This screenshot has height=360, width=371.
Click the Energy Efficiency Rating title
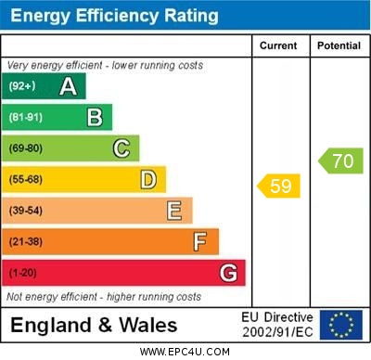pyautogui.click(x=113, y=16)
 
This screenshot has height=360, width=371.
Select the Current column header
pyautogui.click(x=278, y=45)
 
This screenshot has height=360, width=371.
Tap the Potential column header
pyautogui.click(x=339, y=45)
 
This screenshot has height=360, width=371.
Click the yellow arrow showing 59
pyautogui.click(x=279, y=186)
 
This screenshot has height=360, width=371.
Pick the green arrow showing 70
pyautogui.click(x=340, y=161)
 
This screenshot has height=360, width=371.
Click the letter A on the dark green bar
pyautogui.click(x=68, y=87)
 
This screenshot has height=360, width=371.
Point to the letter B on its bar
pyautogui.click(x=95, y=117)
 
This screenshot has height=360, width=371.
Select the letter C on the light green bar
pyautogui.click(x=122, y=148)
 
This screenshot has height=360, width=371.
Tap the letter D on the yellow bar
pyautogui.click(x=148, y=179)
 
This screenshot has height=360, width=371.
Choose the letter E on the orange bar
pyautogui.click(x=174, y=211)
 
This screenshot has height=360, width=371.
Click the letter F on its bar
pyautogui.click(x=200, y=241)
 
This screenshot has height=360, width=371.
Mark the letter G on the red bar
pyautogui.click(x=228, y=273)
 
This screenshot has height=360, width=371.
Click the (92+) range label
pyautogui.click(x=22, y=87)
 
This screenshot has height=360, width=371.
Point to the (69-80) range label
pyautogui.click(x=26, y=148)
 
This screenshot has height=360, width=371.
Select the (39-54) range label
pyautogui.click(x=26, y=211)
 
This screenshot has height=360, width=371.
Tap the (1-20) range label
pyautogui.click(x=23, y=273)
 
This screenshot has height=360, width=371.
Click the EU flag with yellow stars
pyautogui.click(x=341, y=325)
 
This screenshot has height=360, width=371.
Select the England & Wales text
pyautogui.click(x=94, y=325)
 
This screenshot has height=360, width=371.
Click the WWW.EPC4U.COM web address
pyautogui.click(x=185, y=352)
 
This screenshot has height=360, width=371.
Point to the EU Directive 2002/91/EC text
pyautogui.click(x=277, y=325)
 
